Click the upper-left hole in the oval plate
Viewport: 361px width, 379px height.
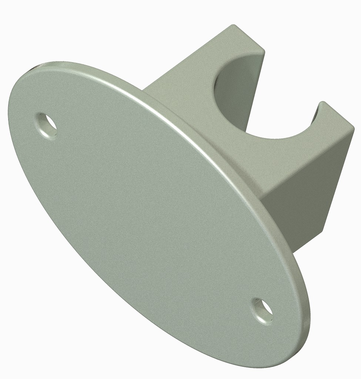pos(47,126)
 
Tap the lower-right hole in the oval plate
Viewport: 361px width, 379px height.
pos(264,310)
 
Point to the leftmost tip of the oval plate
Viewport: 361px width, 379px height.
pos(8,111)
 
